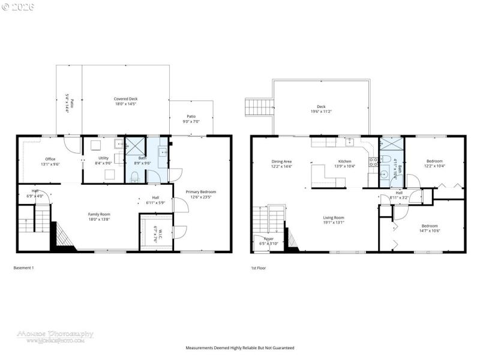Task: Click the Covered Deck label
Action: (x=126, y=99)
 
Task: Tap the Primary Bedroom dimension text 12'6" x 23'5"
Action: (x=200, y=197)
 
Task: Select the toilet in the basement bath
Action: (x=136, y=176)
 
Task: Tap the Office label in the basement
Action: (x=50, y=142)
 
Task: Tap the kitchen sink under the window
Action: (x=349, y=143)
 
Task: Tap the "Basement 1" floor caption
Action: (x=23, y=268)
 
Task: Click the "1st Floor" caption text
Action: (x=259, y=268)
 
